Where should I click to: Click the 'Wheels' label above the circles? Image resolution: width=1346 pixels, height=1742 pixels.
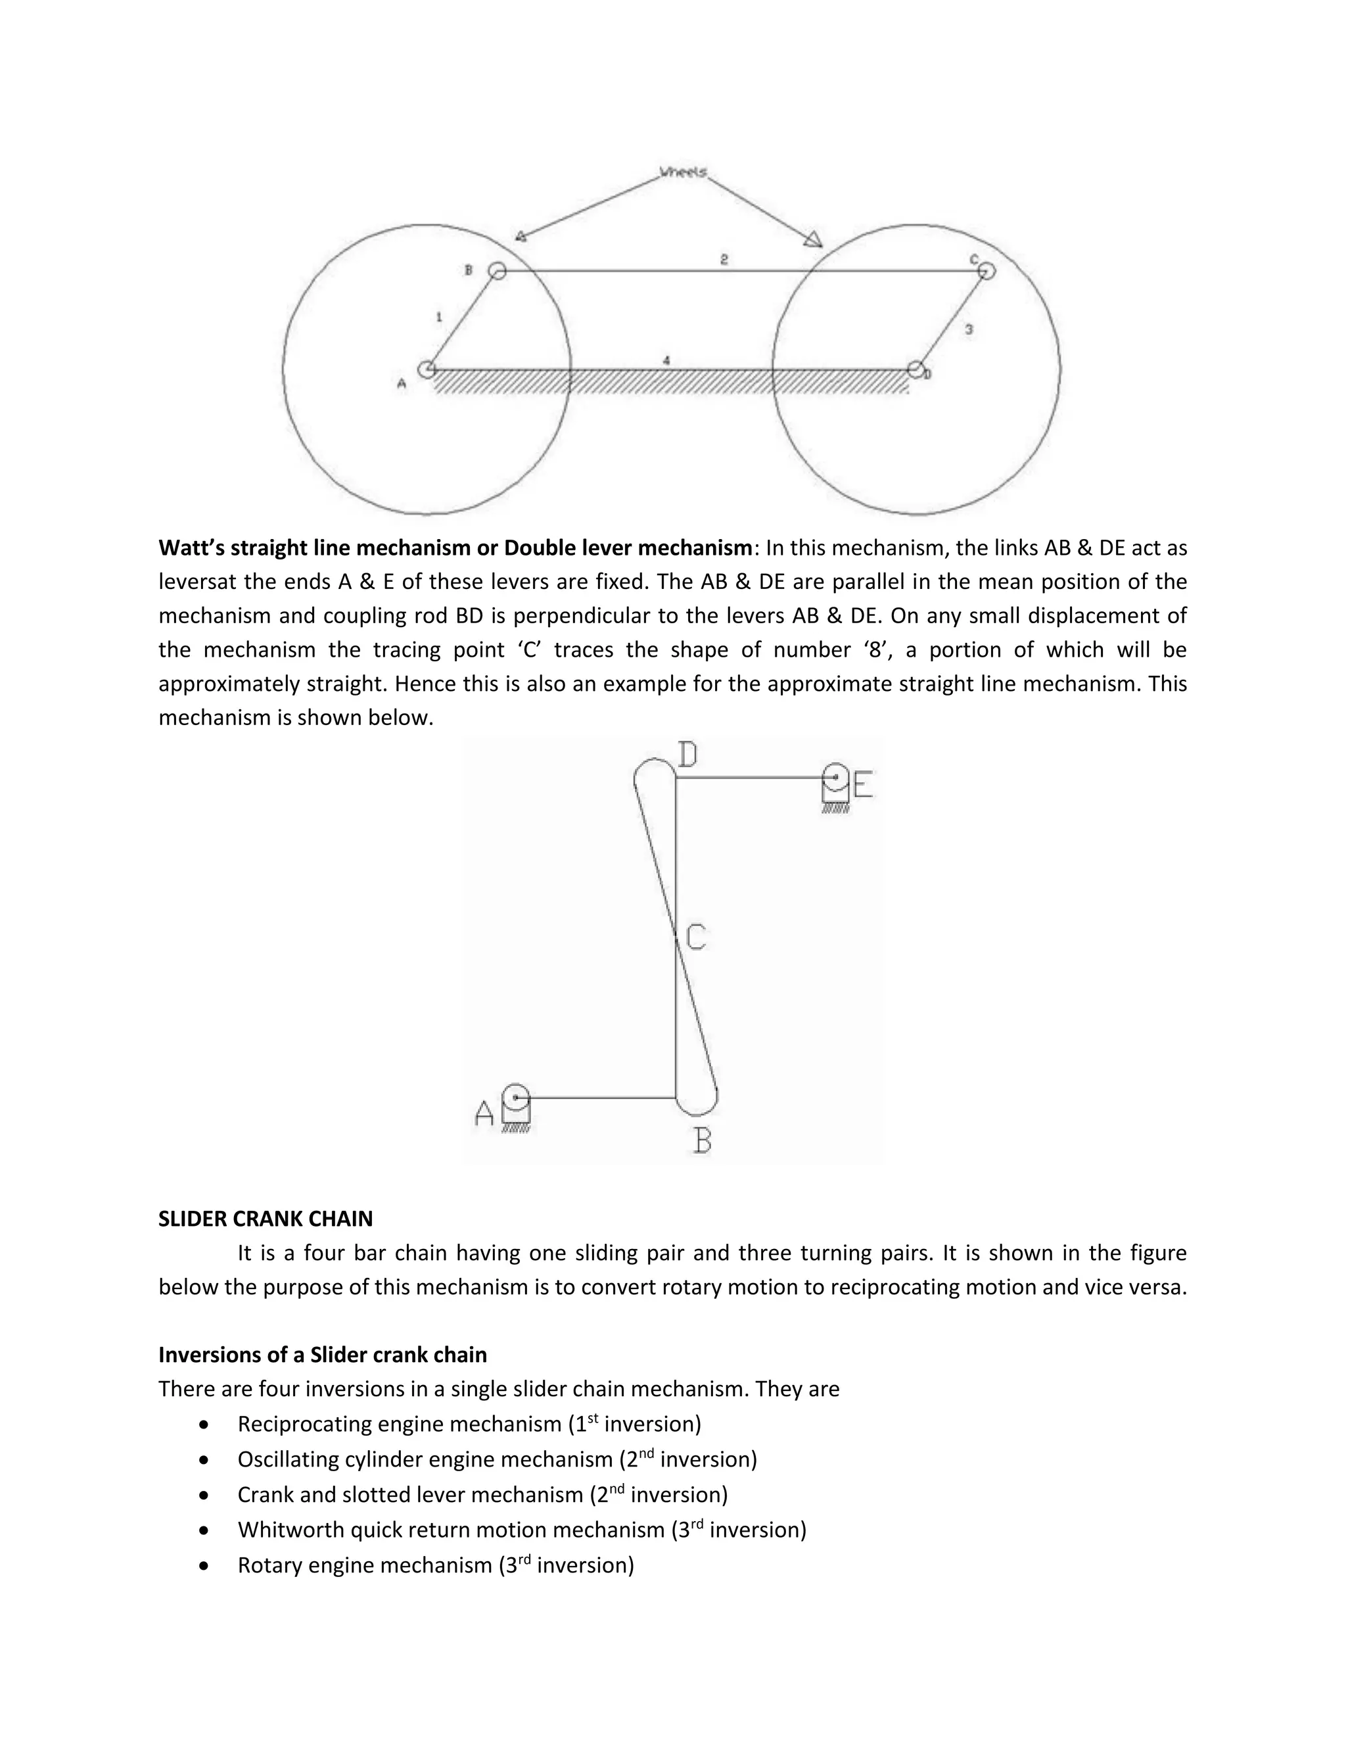point(684,172)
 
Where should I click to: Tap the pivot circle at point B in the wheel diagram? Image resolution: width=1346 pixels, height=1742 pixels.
point(497,271)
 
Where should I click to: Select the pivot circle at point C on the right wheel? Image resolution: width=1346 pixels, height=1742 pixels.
point(987,271)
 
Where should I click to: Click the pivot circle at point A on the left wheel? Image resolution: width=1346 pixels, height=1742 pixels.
point(427,369)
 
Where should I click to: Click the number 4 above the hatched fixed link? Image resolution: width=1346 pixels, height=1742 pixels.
point(666,360)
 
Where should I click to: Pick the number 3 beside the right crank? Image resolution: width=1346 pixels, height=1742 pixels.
point(969,329)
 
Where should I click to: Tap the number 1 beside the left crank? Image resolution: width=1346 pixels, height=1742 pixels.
point(438,318)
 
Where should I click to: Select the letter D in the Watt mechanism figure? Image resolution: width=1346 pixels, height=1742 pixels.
point(687,755)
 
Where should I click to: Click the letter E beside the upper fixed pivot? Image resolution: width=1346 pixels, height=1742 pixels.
point(863,785)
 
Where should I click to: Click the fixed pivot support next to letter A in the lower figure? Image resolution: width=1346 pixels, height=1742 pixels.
point(517,1107)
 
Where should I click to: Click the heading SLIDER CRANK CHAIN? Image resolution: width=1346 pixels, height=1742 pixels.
point(266,1219)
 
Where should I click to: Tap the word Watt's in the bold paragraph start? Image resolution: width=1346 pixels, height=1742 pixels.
point(191,548)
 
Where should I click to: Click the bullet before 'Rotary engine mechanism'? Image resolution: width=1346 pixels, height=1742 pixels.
point(206,1566)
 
